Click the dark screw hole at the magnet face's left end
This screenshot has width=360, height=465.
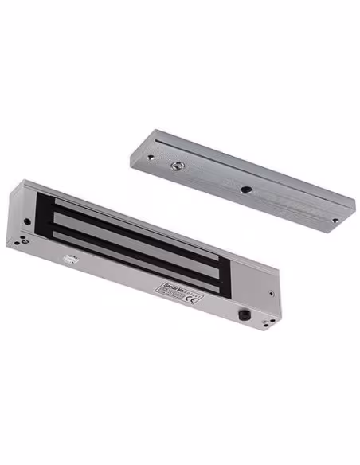[27, 222]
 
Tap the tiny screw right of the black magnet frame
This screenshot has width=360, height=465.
[271, 292]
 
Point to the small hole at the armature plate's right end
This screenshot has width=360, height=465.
[334, 220]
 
